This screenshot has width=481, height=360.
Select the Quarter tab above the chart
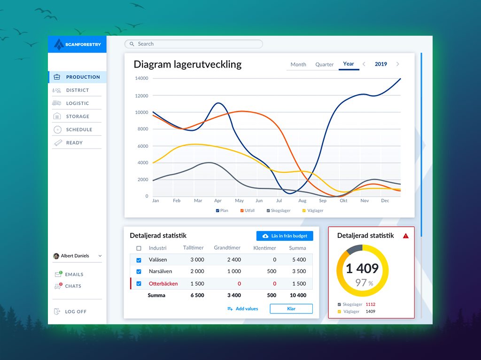point(324,65)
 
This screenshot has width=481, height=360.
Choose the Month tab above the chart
point(298,65)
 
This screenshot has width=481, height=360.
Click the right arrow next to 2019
point(398,64)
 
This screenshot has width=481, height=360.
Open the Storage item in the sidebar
point(77,116)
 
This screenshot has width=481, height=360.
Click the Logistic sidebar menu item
point(77,103)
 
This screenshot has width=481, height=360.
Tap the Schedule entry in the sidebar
point(78,130)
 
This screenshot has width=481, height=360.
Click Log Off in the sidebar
point(75,312)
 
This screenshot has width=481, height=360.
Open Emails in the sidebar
point(74,275)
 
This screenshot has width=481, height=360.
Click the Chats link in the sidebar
point(73,286)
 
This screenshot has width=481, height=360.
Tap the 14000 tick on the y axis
point(141,78)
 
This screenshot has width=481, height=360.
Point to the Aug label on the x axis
point(302,201)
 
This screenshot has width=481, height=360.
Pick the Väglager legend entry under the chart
point(312,211)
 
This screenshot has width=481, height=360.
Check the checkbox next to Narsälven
point(139,272)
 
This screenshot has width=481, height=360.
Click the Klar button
point(291,309)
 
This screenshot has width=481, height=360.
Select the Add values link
point(243,309)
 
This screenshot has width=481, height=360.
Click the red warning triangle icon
point(406,236)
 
